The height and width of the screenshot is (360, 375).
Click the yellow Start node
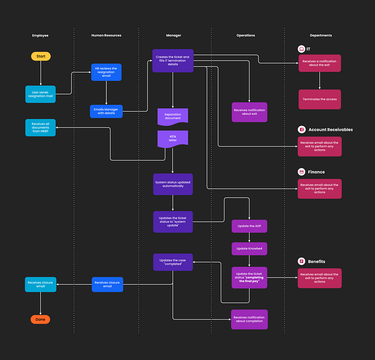point(40,56)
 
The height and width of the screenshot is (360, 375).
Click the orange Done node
point(40,319)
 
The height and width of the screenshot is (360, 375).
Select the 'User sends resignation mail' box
point(40,94)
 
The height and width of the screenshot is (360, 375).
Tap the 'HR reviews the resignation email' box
point(106,72)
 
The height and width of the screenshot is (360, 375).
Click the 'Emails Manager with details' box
point(106,111)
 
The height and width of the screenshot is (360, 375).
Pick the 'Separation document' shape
point(173,116)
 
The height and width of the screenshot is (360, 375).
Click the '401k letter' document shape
point(173,139)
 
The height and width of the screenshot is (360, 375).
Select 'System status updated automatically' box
point(173,183)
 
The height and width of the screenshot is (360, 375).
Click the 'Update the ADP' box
point(249,226)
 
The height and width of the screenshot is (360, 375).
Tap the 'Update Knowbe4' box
point(249,248)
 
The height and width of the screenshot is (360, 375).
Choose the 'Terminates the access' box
point(320,99)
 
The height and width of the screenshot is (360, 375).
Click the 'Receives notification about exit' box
point(249,112)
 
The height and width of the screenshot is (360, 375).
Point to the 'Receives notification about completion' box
point(249,319)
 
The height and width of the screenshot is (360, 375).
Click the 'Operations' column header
point(245,35)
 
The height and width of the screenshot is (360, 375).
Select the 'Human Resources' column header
point(106,35)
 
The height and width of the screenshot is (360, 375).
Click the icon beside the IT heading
point(301,49)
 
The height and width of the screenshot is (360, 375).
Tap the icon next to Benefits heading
point(301,261)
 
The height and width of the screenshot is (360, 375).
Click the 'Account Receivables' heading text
point(330,130)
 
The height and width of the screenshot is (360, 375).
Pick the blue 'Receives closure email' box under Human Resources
point(107,284)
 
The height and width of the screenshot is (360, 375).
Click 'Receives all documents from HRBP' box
point(40,128)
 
